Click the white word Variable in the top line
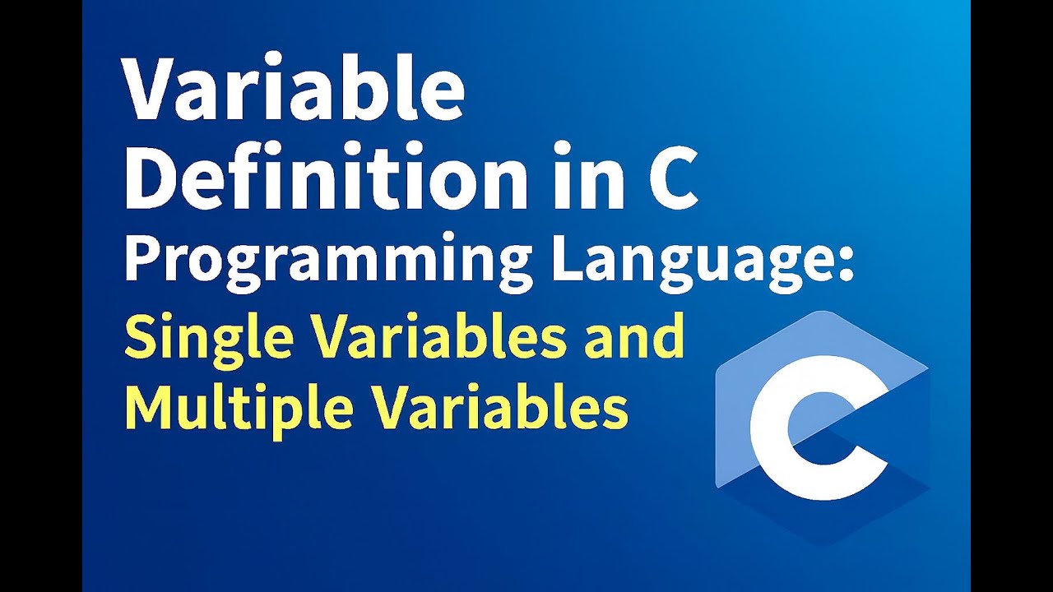295,90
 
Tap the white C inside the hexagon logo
810,428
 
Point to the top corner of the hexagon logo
823,312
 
